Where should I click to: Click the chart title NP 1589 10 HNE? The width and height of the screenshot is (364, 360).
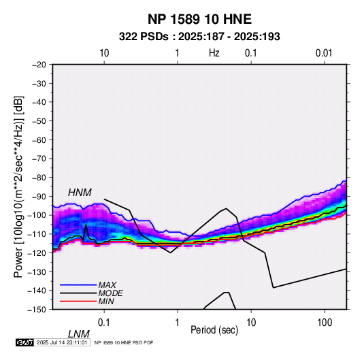point(199,19)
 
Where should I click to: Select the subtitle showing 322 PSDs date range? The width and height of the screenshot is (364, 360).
point(199,37)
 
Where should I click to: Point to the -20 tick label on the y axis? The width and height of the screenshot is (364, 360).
point(39,65)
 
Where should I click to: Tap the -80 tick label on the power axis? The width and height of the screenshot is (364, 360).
point(39,178)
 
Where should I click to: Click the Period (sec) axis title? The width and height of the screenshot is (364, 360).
point(214,330)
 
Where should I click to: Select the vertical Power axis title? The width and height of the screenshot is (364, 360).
point(18,186)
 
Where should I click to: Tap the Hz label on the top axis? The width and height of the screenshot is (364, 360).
point(214,53)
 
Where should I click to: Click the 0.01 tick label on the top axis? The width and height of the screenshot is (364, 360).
point(324,53)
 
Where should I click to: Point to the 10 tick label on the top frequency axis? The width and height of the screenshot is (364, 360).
point(104,53)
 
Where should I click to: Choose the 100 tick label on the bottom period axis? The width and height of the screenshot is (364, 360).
point(325,323)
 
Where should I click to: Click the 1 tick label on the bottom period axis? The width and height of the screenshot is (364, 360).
point(178,323)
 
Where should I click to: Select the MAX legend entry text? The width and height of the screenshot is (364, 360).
point(107,285)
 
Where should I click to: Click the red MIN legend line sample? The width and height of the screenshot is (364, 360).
point(78,301)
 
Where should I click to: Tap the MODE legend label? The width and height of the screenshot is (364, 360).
point(110,293)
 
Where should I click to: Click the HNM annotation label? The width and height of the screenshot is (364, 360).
point(80,193)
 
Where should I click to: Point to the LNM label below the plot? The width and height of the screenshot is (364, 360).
point(78,334)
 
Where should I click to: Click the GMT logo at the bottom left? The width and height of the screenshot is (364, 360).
point(24,342)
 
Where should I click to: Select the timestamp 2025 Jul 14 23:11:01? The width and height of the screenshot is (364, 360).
point(62,342)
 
